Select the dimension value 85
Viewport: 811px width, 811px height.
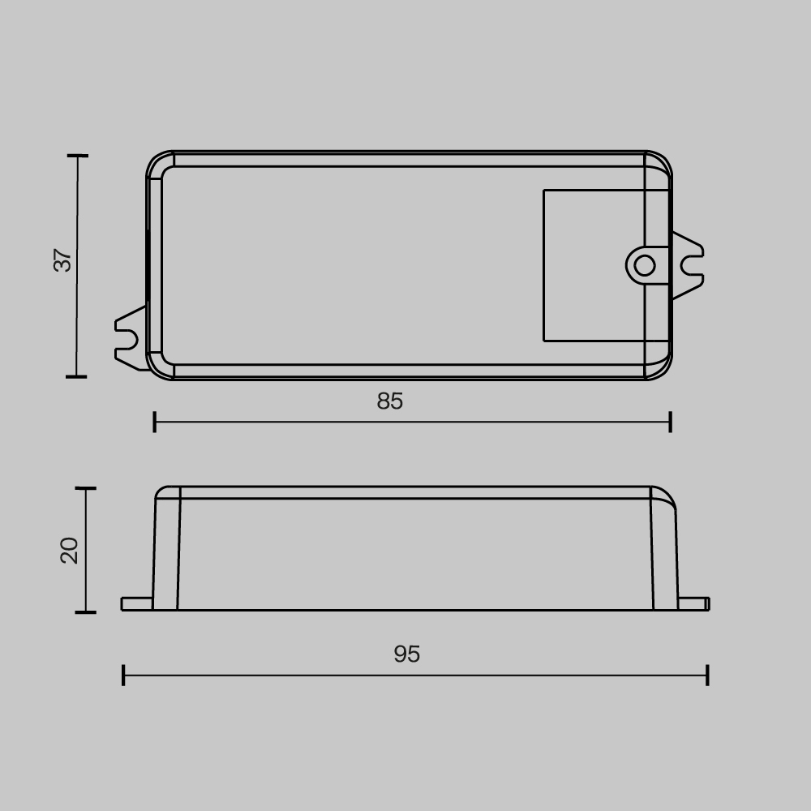[390, 401]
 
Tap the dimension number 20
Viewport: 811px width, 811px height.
[70, 550]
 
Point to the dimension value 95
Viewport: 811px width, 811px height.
[407, 654]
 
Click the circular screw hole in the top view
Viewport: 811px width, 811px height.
[644, 265]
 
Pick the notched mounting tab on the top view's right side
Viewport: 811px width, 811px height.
[687, 265]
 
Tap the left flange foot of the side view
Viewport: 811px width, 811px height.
[136, 603]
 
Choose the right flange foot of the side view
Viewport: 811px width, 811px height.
[693, 603]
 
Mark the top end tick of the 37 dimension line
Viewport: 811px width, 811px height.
[77, 155]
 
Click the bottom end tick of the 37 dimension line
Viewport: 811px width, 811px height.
[77, 376]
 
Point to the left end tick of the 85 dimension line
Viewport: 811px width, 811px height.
[155, 422]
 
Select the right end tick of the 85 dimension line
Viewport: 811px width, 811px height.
[670, 422]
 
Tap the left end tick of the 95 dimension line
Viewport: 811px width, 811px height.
[123, 675]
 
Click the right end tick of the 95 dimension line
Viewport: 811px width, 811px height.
[708, 675]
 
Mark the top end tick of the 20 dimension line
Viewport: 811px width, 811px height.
[85, 488]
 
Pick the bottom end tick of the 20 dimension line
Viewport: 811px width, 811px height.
[85, 612]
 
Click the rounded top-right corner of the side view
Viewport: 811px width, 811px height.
[667, 496]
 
